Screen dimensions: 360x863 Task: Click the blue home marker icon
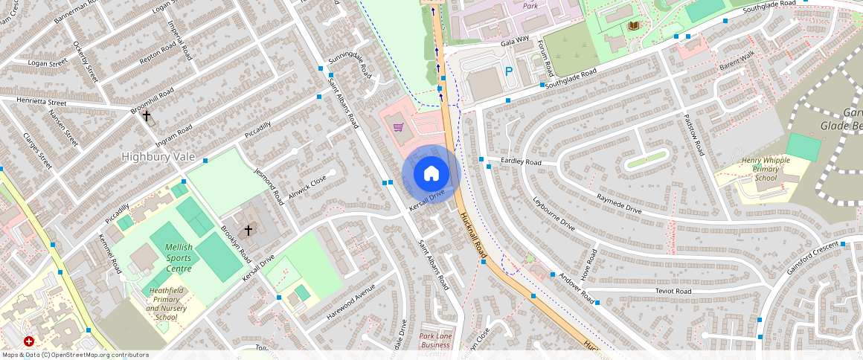coord(431,174)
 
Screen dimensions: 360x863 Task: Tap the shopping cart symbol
coord(399,127)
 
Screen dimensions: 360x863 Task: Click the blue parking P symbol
coord(509,72)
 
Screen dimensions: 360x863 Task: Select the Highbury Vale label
coord(158,157)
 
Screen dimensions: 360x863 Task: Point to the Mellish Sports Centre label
coord(179,258)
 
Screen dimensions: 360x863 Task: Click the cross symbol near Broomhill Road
coord(147,117)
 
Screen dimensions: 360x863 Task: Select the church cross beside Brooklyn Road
coord(248,231)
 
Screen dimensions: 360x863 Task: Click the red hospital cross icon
coord(28,341)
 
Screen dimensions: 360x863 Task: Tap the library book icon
coord(633,26)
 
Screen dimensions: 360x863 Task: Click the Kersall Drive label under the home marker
coord(427,200)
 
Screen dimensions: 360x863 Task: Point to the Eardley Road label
coord(521,161)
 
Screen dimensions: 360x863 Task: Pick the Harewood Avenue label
coord(350,303)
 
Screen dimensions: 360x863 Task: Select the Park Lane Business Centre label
coord(435,344)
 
